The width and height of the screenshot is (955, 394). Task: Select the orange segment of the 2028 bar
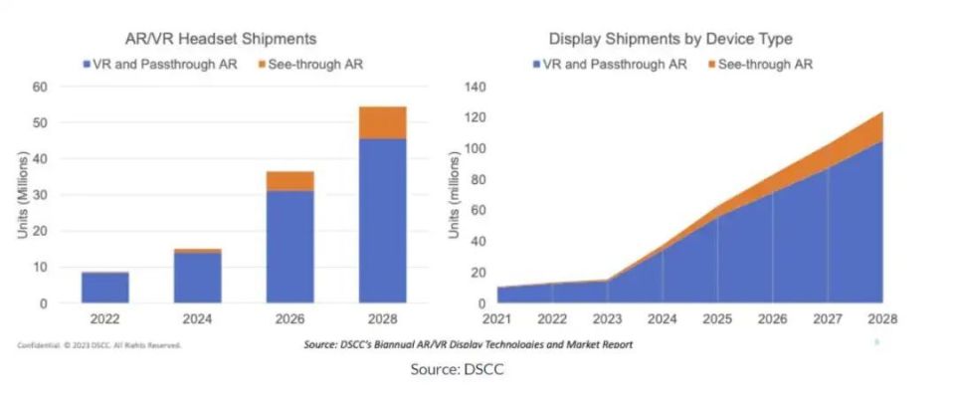tap(383, 122)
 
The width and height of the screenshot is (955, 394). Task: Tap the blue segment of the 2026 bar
tap(289, 246)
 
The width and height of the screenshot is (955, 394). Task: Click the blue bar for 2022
tap(104, 287)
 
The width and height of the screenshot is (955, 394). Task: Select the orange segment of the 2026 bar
tap(289, 180)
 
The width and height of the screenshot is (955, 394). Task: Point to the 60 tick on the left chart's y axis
tap(41, 87)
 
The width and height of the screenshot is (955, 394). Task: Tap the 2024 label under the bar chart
tap(197, 320)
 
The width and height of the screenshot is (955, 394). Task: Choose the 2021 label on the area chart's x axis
tap(497, 320)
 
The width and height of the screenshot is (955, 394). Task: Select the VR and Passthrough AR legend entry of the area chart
tap(606, 65)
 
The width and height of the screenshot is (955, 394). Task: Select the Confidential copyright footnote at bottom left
tap(99, 345)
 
